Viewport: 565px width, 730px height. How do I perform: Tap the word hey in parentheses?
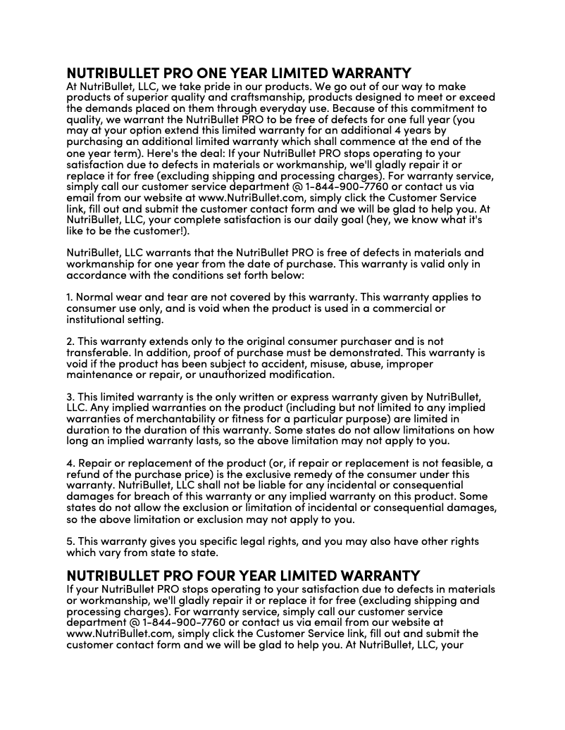(x=385, y=220)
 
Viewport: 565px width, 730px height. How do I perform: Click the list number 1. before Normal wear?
(x=69, y=298)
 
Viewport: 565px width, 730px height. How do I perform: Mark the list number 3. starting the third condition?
(x=70, y=396)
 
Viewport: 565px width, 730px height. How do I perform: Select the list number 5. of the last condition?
(x=70, y=541)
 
